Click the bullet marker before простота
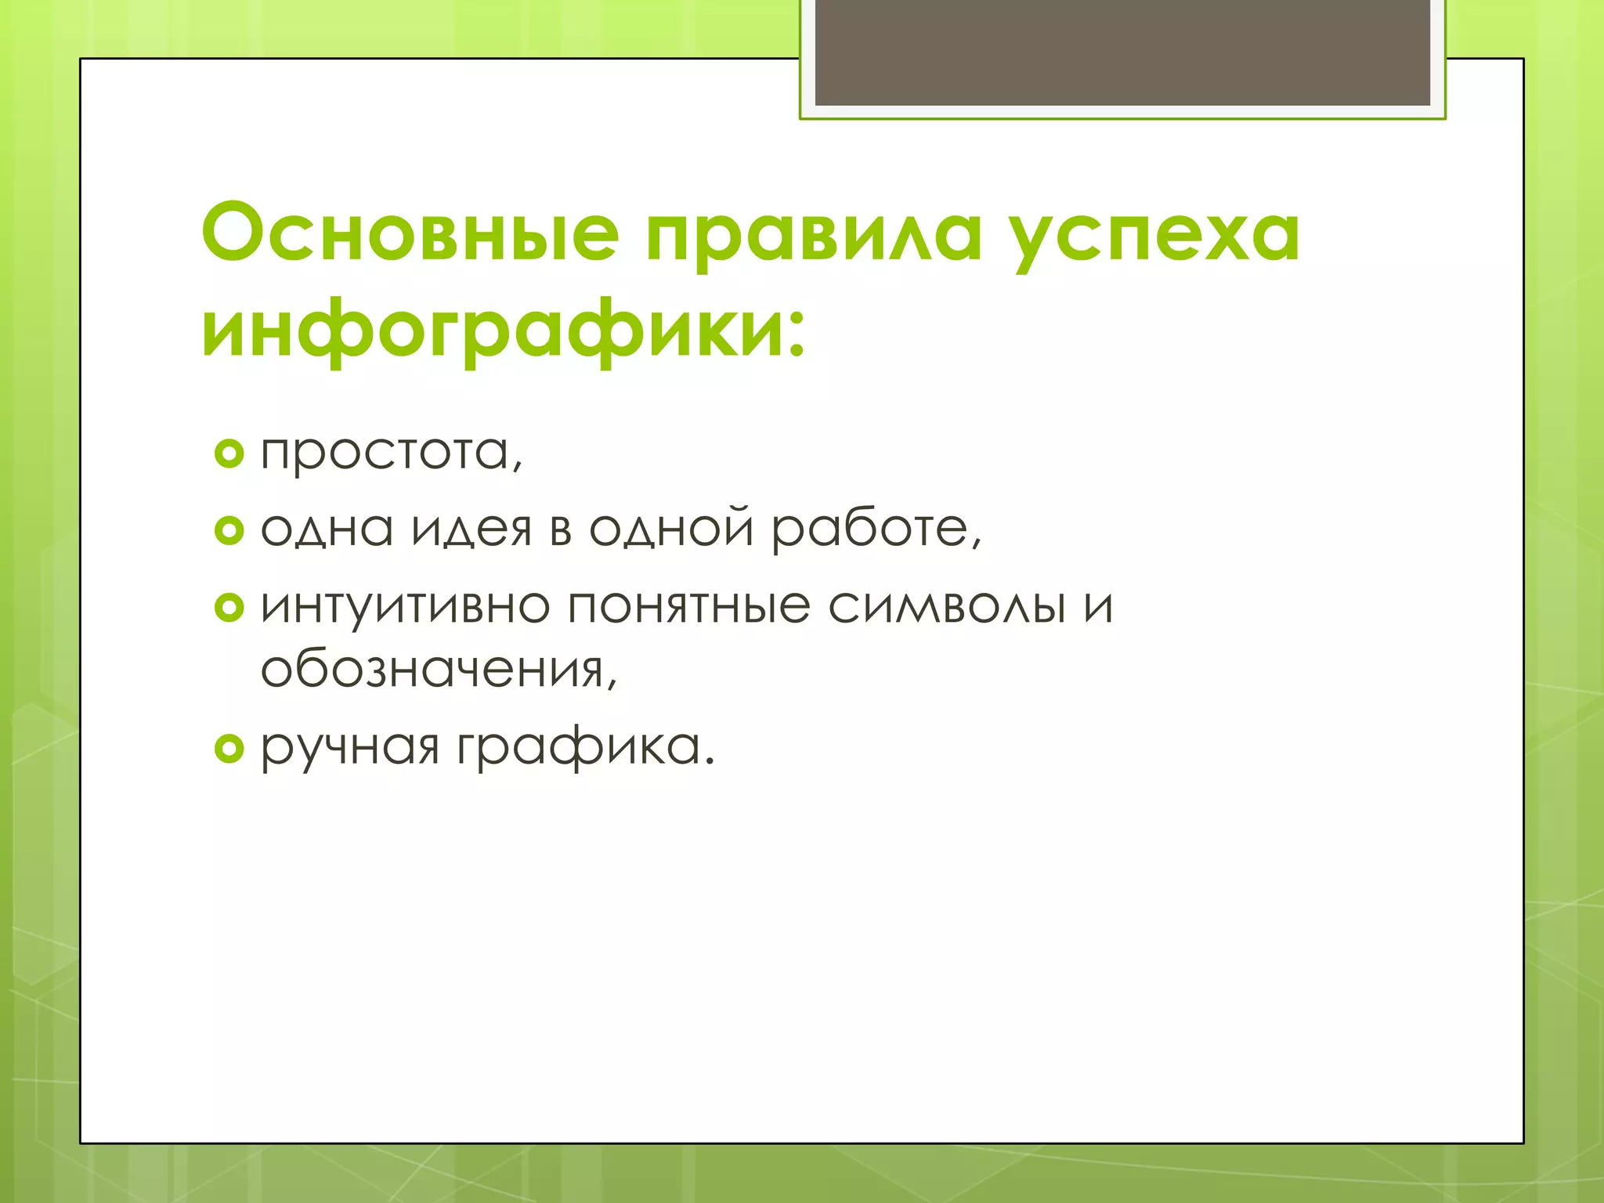coord(229,453)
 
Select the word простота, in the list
coord(392,453)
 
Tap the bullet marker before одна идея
coord(229,531)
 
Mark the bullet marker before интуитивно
coord(229,607)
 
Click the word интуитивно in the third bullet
coord(405,607)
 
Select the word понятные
coord(688,607)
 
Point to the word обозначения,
coord(439,670)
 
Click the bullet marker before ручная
coord(229,749)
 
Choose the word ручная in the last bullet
coord(349,749)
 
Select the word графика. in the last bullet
coord(586,749)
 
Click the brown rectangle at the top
coord(1122,52)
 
